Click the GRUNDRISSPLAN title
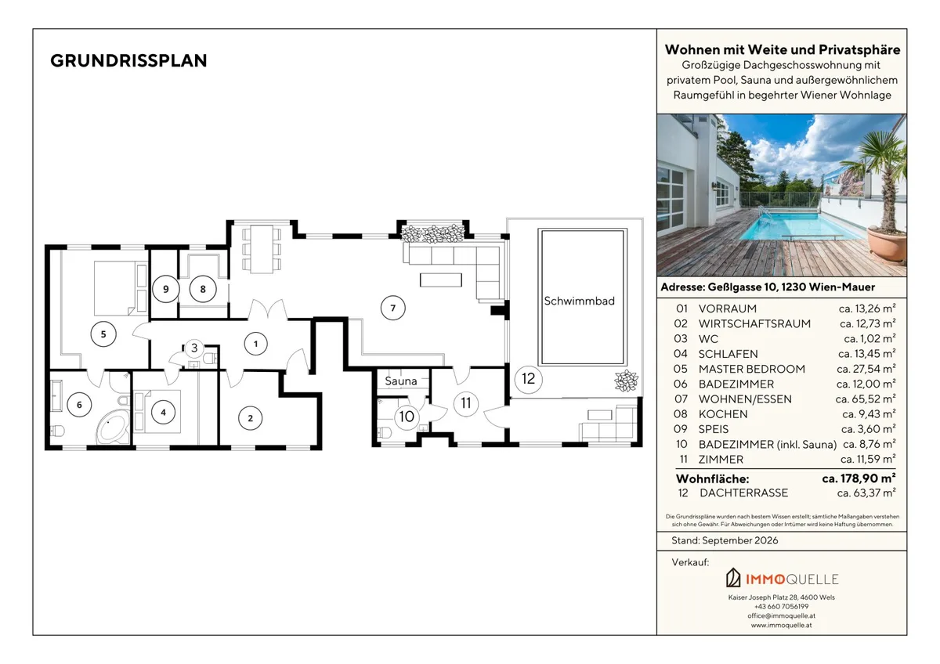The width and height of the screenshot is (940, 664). pyautogui.click(x=128, y=61)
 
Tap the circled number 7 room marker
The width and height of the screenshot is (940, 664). pyautogui.click(x=392, y=308)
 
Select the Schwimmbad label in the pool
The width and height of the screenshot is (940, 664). pyautogui.click(x=579, y=301)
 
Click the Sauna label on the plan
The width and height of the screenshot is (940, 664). pyautogui.click(x=401, y=381)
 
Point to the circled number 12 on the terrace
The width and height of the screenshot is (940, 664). pyautogui.click(x=528, y=379)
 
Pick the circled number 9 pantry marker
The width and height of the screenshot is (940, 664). pyautogui.click(x=166, y=289)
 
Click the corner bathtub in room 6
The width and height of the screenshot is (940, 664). pyautogui.click(x=113, y=427)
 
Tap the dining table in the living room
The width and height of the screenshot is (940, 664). pyautogui.click(x=262, y=249)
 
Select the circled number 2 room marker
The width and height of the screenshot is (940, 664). pyautogui.click(x=251, y=418)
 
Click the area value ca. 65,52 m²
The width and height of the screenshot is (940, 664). pyautogui.click(x=866, y=399)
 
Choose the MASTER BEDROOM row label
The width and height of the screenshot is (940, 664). pyautogui.click(x=751, y=369)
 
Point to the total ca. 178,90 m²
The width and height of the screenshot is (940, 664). pyautogui.click(x=859, y=478)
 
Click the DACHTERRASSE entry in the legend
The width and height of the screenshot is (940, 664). pyautogui.click(x=743, y=493)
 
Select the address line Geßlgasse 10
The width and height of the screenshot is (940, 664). pyautogui.click(x=768, y=287)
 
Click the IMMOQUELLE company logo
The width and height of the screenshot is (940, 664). pyautogui.click(x=782, y=578)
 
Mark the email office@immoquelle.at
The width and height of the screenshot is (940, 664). pyautogui.click(x=782, y=615)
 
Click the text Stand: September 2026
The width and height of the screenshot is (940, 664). pyautogui.click(x=725, y=540)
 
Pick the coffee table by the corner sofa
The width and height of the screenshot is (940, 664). pyautogui.click(x=440, y=280)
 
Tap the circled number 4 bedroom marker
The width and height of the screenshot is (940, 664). pyautogui.click(x=163, y=413)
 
